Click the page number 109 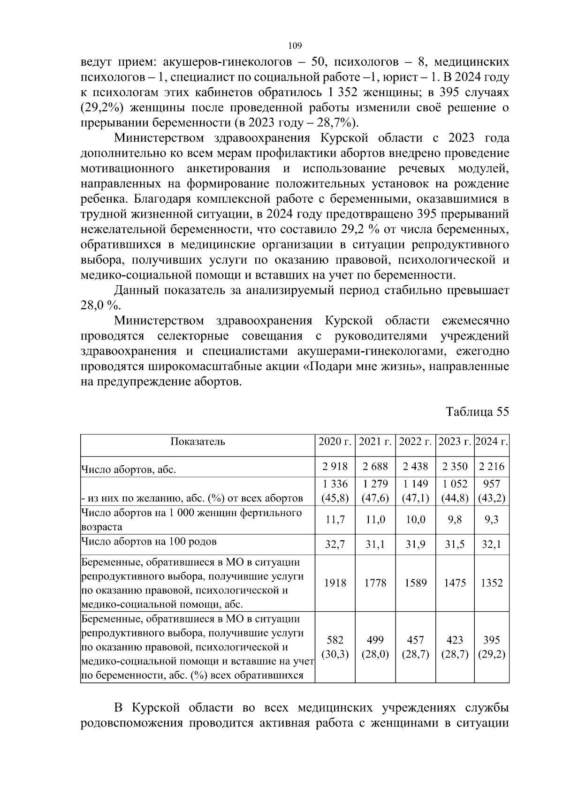(x=295, y=46)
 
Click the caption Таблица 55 (x=477, y=412)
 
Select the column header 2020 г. (x=335, y=442)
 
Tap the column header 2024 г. (x=492, y=442)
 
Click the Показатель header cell (x=198, y=442)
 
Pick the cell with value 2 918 (x=335, y=466)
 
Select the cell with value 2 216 (x=492, y=466)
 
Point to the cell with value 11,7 (x=335, y=520)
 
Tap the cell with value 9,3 (x=492, y=520)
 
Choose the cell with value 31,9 (x=415, y=545)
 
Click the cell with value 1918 (x=335, y=583)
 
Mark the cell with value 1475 (x=455, y=583)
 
